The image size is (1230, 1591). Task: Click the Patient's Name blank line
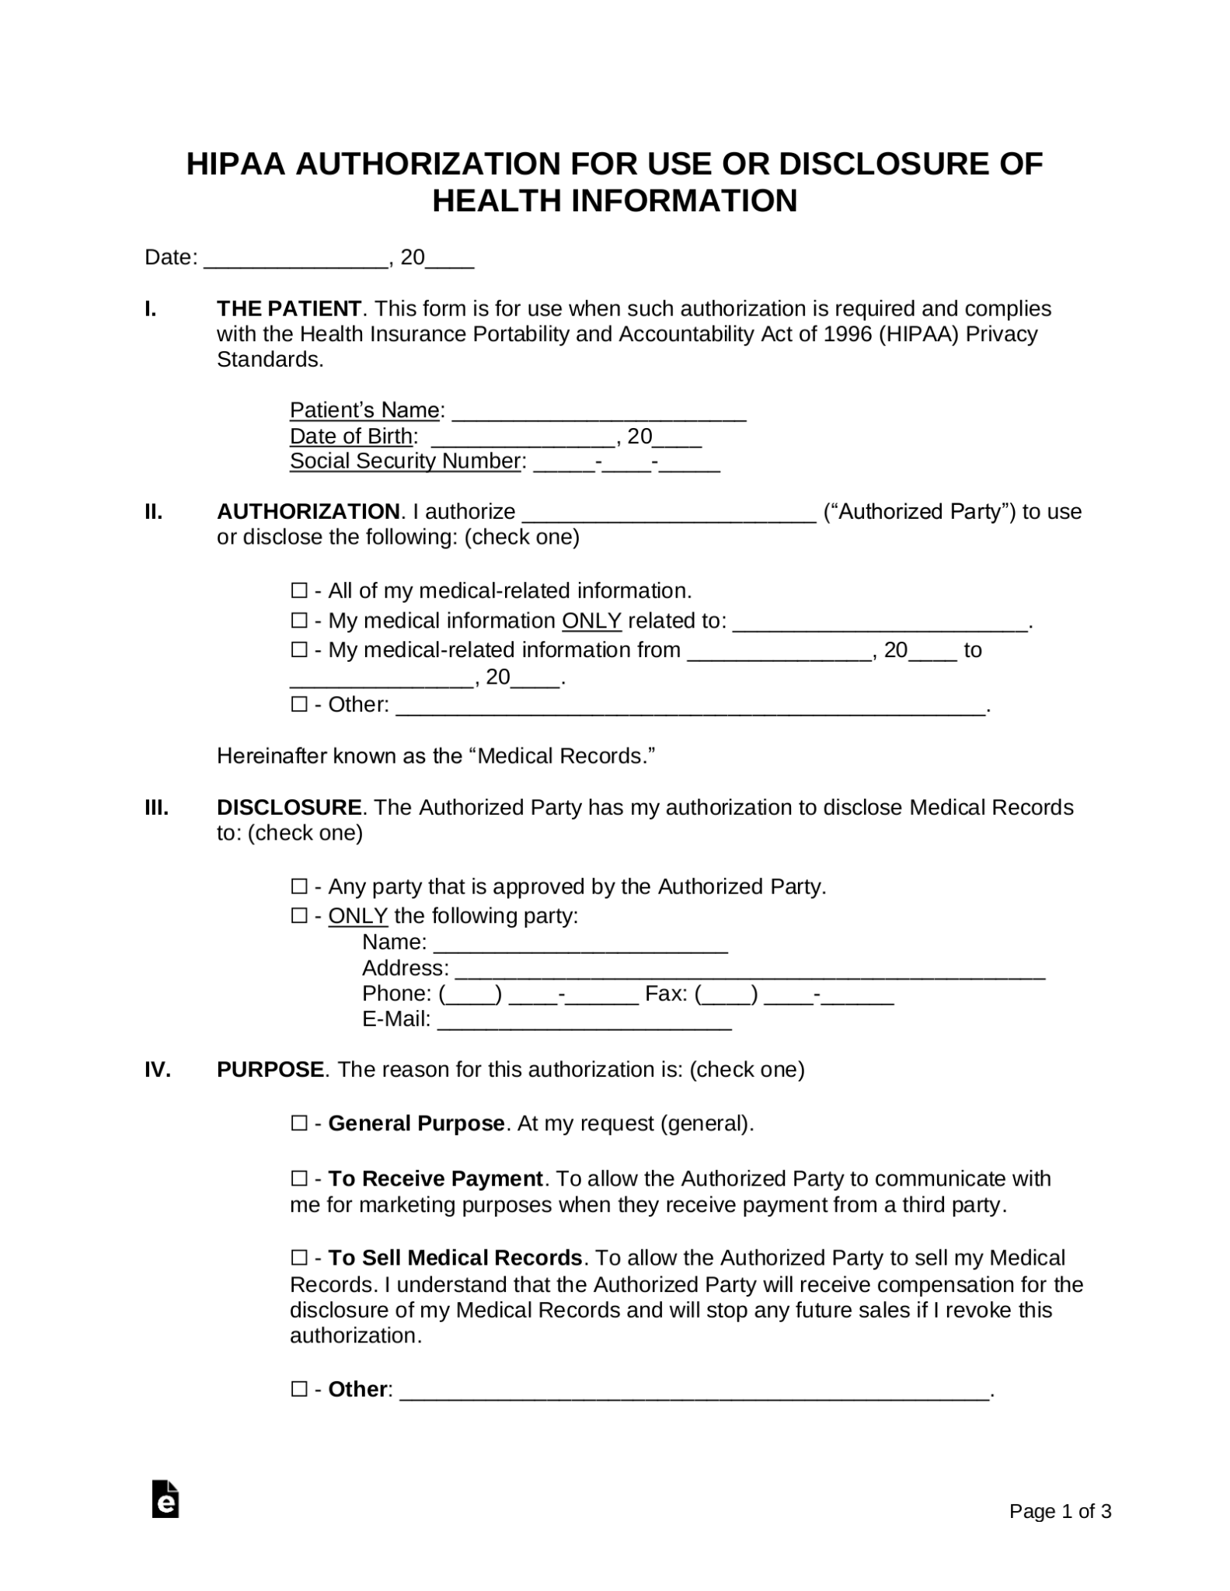pyautogui.click(x=598, y=412)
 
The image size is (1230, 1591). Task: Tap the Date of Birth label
pyautogui.click(x=350, y=436)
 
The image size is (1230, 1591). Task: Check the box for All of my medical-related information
pyautogui.click(x=299, y=591)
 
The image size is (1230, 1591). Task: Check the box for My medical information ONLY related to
pyautogui.click(x=299, y=621)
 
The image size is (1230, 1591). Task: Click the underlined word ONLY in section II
pyautogui.click(x=591, y=621)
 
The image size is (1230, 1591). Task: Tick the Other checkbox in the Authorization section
pyautogui.click(x=299, y=705)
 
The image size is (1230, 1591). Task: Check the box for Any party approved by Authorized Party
pyautogui.click(x=299, y=886)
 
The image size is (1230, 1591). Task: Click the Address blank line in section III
pyautogui.click(x=750, y=970)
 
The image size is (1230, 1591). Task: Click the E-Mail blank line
pyautogui.click(x=584, y=1021)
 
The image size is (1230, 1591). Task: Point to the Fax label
pyautogui.click(x=665, y=994)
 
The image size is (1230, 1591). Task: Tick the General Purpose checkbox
pyautogui.click(x=299, y=1123)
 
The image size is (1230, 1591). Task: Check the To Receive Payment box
pyautogui.click(x=299, y=1178)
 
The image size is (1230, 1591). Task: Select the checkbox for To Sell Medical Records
pyautogui.click(x=299, y=1258)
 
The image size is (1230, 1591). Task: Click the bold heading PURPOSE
pyautogui.click(x=270, y=1070)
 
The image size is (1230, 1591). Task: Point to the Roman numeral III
pyautogui.click(x=156, y=807)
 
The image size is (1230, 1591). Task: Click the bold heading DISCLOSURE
pyautogui.click(x=288, y=807)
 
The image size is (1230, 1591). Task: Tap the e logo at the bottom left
pyautogui.click(x=166, y=1499)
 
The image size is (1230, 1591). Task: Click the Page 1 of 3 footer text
pyautogui.click(x=1060, y=1511)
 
